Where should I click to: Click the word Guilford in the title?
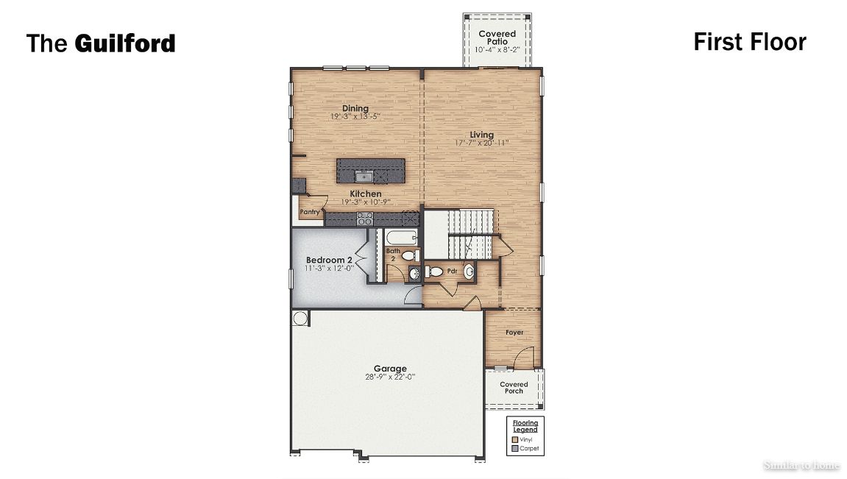pos(124,43)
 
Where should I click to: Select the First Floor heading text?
pos(749,42)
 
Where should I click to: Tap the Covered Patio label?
pos(497,38)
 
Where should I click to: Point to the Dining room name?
pos(355,109)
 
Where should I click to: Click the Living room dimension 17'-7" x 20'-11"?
pos(481,143)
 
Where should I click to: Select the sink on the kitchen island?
pos(364,176)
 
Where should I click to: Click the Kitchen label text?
pos(365,194)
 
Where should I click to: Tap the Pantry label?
pos(310,213)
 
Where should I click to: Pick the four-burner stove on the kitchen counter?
pos(364,219)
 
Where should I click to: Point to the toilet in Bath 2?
pos(409,255)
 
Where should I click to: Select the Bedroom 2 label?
pos(329,260)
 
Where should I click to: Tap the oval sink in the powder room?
pos(468,272)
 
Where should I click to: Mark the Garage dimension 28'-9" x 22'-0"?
pos(389,377)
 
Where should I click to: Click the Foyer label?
pos(514,333)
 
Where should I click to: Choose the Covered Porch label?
pos(514,388)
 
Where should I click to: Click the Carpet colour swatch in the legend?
pos(515,448)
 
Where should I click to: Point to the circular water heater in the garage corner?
pos(300,319)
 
